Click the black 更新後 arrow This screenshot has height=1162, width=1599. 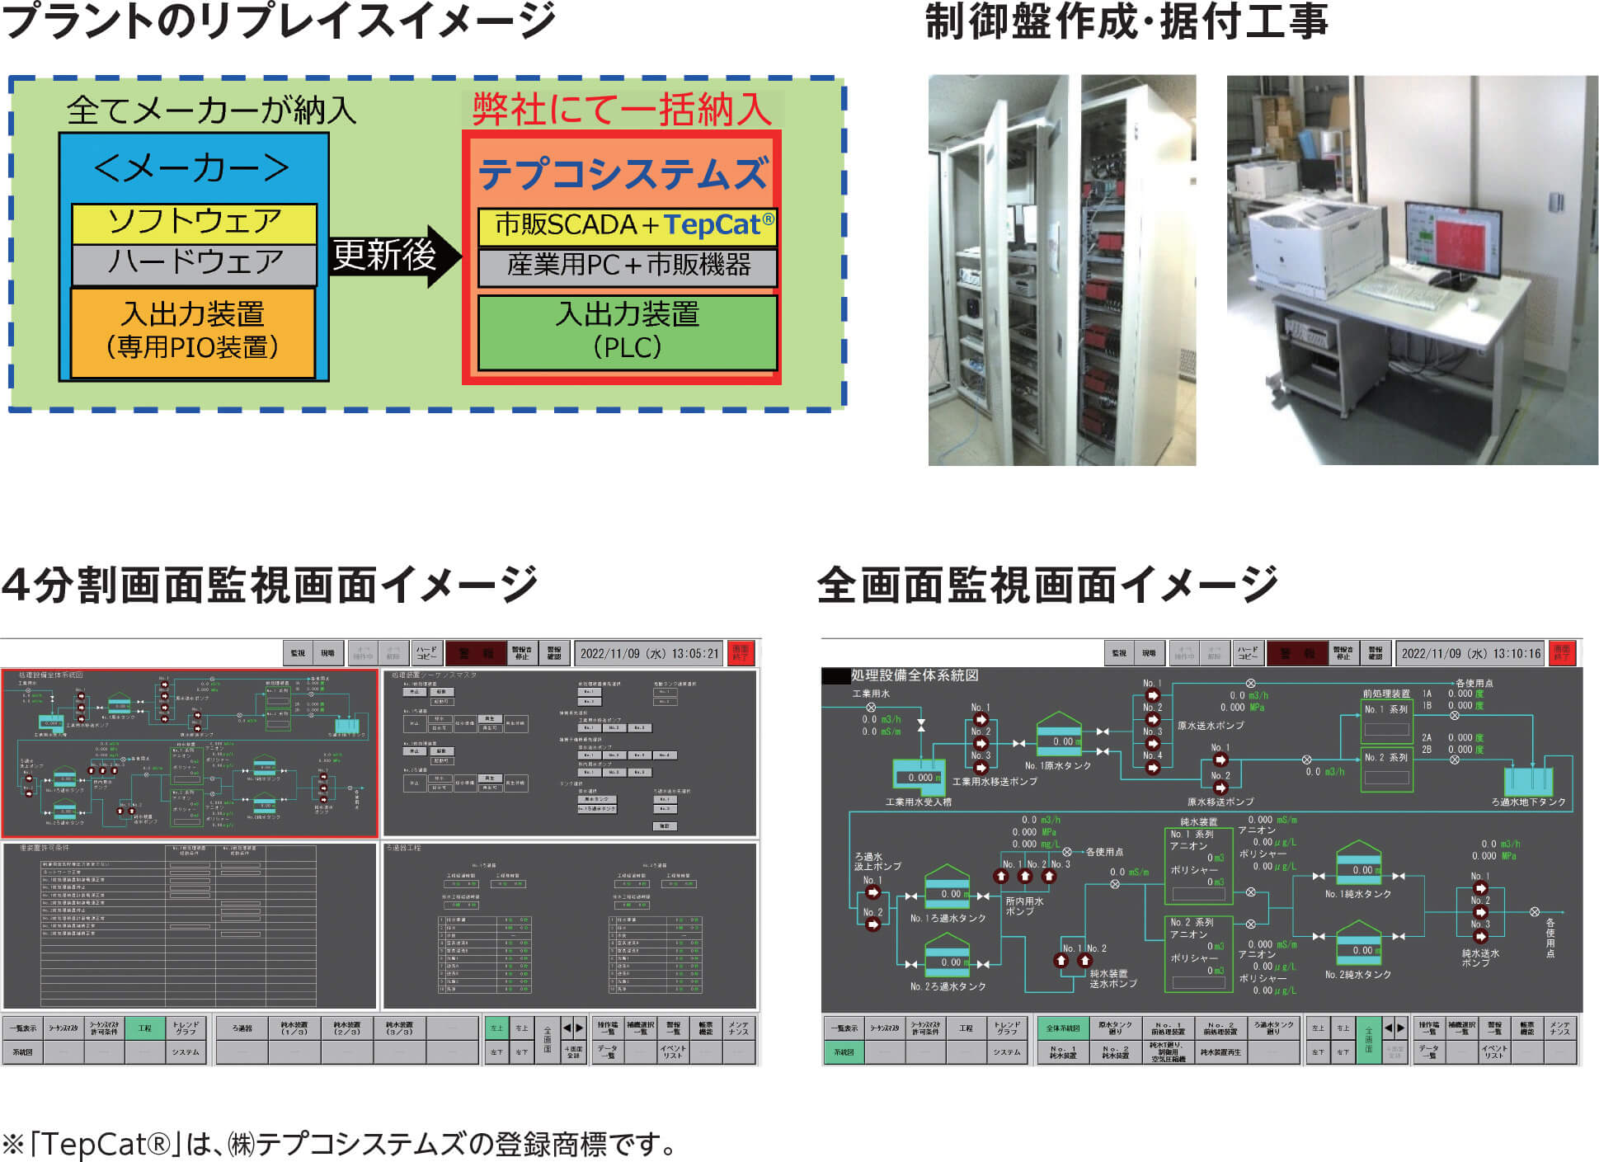tap(394, 256)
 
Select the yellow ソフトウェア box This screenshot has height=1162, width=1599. tap(195, 223)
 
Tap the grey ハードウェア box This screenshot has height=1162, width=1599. tap(195, 264)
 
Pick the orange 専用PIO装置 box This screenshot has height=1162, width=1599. tap(193, 332)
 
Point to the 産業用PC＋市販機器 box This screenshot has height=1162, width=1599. tap(628, 266)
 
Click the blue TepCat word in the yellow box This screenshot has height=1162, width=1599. tap(712, 225)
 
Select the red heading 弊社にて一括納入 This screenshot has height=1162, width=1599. tap(621, 110)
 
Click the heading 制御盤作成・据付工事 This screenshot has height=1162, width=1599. tap(1126, 22)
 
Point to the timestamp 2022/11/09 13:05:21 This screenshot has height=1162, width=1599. tap(649, 653)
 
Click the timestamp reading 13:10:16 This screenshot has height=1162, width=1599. tap(1470, 653)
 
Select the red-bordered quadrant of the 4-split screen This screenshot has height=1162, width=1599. tap(190, 753)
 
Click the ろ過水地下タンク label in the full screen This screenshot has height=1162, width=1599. tap(1528, 802)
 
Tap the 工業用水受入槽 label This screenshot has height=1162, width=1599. tap(918, 802)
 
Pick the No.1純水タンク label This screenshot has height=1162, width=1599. tap(1357, 894)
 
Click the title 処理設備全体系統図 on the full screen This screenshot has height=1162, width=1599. tap(915, 675)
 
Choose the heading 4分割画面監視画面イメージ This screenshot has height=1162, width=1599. tap(270, 585)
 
